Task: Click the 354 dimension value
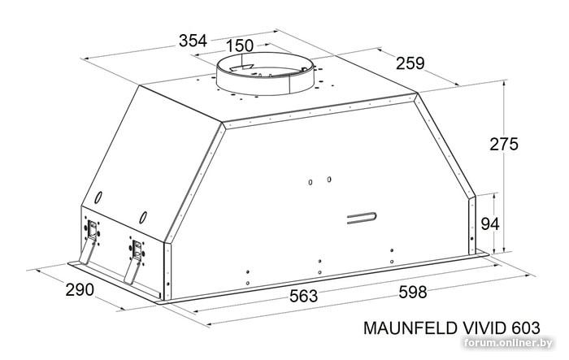coord(193,41)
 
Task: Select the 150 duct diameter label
coord(240,46)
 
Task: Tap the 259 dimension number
coord(410,63)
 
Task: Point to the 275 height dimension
coord(504,144)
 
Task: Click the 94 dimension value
coord(490,224)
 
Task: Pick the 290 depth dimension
coord(80,289)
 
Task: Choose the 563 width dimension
coord(303,296)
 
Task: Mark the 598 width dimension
coord(413,292)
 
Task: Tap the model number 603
coord(526,328)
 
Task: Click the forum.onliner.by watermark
coord(508,343)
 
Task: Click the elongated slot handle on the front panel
coord(362,218)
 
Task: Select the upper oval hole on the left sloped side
coord(98,197)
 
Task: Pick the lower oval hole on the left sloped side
coord(143,217)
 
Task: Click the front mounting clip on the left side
coord(135,258)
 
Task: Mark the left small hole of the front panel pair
coord(311,182)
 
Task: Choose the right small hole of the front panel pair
coord(328,180)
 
